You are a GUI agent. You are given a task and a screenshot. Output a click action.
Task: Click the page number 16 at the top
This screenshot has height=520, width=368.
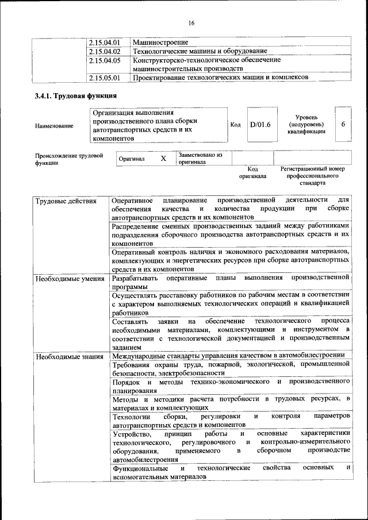click(191, 22)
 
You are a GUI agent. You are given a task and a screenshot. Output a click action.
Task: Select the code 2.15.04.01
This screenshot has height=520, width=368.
click(105, 43)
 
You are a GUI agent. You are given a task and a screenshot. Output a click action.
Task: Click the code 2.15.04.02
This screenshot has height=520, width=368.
click(105, 51)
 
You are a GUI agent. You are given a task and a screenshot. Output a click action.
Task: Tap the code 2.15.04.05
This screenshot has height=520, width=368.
click(105, 60)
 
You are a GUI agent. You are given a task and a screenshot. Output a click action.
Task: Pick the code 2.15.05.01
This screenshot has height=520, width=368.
click(105, 77)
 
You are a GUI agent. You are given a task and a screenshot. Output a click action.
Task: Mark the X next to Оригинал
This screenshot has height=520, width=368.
click(163, 158)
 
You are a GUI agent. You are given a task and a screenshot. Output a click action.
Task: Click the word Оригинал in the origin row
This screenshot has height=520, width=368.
click(132, 159)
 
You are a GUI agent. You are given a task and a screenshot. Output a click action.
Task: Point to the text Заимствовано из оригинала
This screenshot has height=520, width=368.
click(200, 159)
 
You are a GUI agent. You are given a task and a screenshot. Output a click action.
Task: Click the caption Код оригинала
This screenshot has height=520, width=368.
click(253, 173)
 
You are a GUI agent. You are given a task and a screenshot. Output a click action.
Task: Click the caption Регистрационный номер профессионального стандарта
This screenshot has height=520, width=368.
click(312, 176)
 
